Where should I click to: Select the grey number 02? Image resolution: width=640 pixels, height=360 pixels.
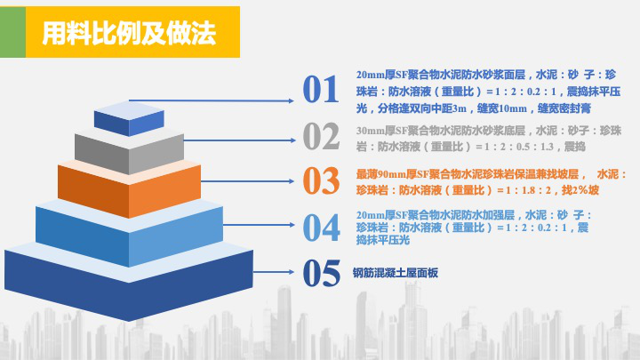[x=321, y=135]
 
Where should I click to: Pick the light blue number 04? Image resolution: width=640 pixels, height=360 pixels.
[x=321, y=227]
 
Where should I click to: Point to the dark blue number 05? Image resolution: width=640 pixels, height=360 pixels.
[x=321, y=273]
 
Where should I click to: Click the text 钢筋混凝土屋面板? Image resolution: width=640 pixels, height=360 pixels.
[x=396, y=274]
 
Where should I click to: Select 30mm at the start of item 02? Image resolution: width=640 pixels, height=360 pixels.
[x=369, y=131]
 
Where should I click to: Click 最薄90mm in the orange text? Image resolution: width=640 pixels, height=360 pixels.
[x=379, y=174]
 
